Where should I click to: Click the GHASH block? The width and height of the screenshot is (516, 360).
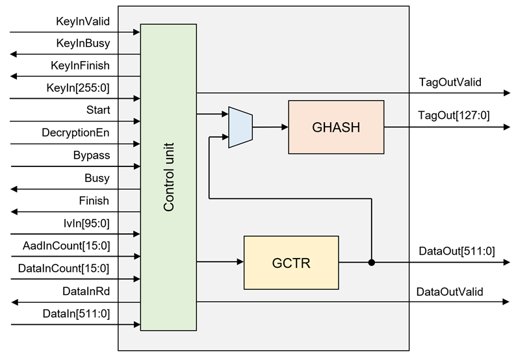click(336, 127)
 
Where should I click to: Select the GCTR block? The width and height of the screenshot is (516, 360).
click(290, 263)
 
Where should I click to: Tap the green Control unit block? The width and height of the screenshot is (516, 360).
click(168, 177)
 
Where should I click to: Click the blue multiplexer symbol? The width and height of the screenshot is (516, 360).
click(240, 127)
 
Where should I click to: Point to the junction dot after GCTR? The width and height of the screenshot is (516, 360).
click(372, 263)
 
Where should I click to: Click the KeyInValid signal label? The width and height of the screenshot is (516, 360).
click(83, 21)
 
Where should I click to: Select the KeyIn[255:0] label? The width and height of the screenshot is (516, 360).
click(79, 88)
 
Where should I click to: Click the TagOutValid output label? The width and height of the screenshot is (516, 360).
click(450, 82)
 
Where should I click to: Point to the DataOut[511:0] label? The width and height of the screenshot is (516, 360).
click(456, 251)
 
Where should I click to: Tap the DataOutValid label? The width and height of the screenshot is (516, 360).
click(450, 291)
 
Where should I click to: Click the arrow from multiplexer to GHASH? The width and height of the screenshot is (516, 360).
click(270, 127)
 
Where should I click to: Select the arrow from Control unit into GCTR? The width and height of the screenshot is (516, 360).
click(220, 263)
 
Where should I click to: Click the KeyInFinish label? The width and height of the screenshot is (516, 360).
click(80, 66)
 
